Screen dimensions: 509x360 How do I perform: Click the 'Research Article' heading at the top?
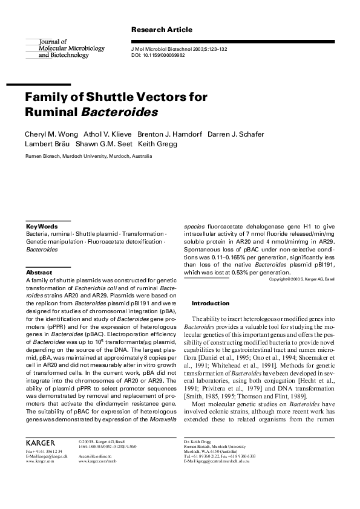coord(162,30)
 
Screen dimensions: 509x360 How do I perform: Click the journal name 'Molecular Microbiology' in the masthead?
coord(71,48)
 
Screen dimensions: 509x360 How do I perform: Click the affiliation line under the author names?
coord(88,156)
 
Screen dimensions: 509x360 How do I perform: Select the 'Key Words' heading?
coord(42,226)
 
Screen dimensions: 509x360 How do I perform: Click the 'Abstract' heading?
coord(39,273)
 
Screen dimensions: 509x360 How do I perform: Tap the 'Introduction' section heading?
coord(210,303)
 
